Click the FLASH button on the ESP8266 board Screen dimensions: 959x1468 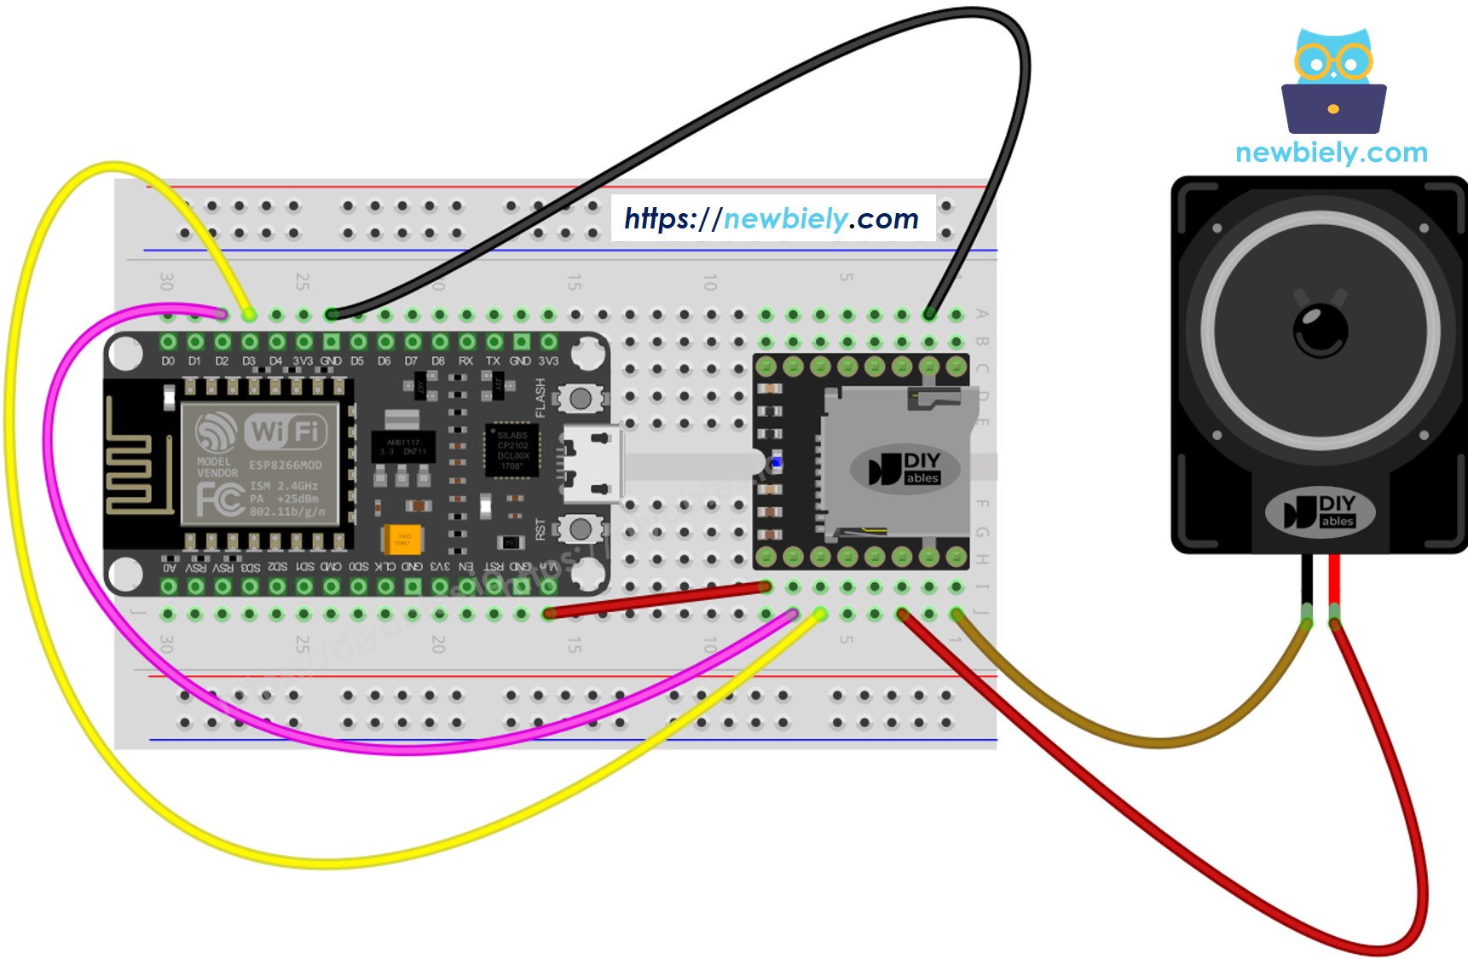pos(581,398)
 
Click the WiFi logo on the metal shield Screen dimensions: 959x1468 pos(285,431)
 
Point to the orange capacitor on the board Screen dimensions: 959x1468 pos(402,539)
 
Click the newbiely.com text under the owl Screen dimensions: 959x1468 pos(1331,153)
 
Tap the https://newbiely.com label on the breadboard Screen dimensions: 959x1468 pos(772,219)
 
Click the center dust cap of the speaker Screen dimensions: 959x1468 pos(1321,330)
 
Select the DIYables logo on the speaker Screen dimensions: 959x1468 pos(1321,511)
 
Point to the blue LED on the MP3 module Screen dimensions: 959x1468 pos(777,463)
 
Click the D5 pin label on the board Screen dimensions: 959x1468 pos(357,361)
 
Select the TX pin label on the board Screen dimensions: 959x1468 pos(493,361)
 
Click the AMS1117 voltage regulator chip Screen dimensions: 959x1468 pos(402,447)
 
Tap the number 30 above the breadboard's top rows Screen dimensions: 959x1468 pos(167,281)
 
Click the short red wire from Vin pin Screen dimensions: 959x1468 pos(656,600)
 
